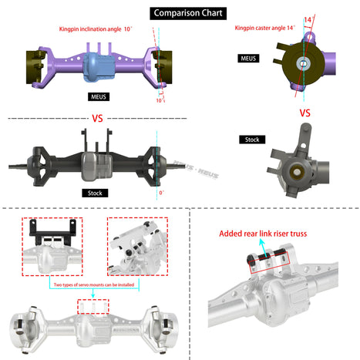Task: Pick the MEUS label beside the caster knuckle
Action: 248,58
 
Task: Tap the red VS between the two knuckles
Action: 304,113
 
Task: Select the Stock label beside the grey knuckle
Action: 251,140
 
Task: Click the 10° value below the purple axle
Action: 160,100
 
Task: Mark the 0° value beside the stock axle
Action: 160,193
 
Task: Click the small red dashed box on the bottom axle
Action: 93,306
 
